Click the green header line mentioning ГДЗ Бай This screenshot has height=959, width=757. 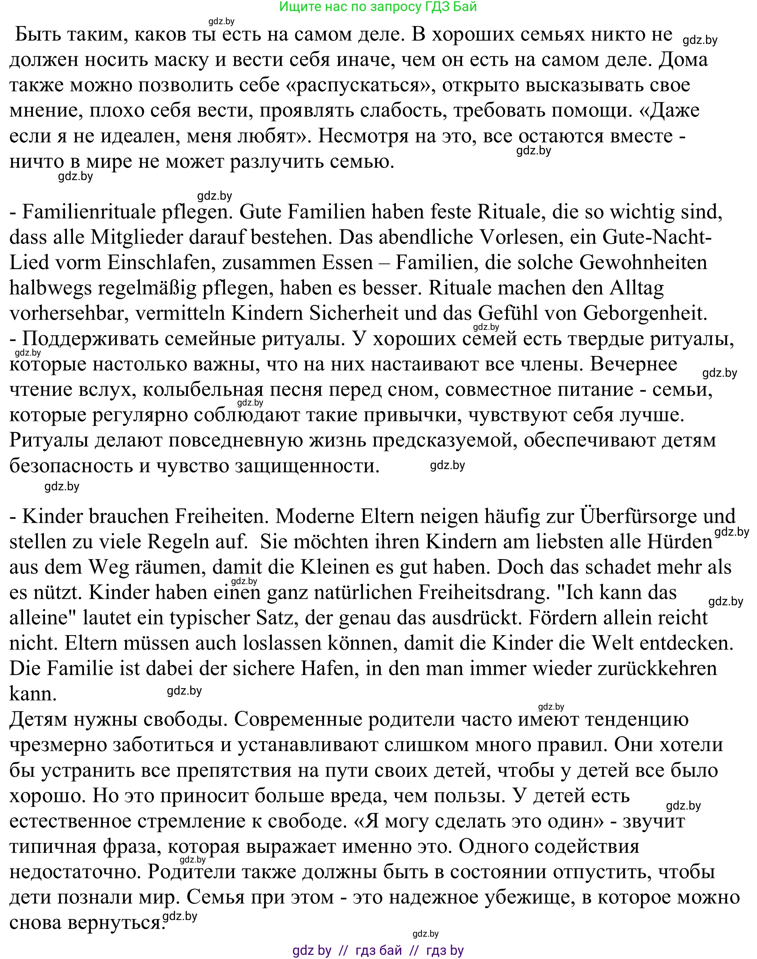click(378, 7)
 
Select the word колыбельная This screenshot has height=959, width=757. click(203, 390)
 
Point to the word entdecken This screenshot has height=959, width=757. click(686, 643)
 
